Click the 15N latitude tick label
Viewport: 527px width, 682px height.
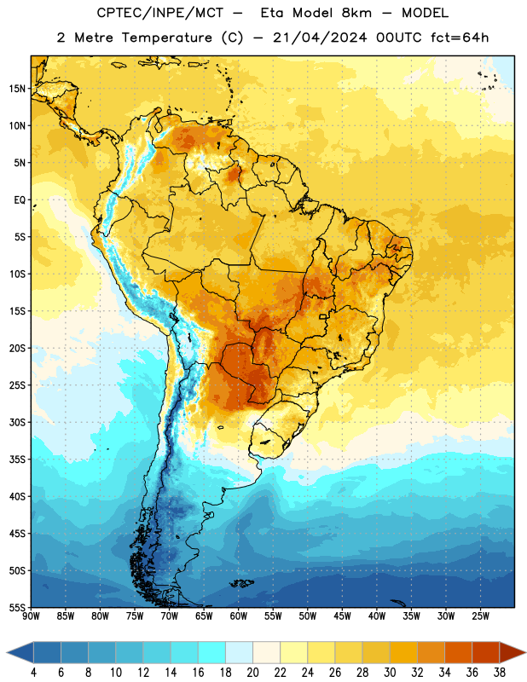coord(17,89)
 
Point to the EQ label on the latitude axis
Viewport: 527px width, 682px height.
coord(20,200)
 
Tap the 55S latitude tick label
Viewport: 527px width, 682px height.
coord(17,607)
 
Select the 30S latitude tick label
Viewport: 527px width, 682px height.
coord(17,422)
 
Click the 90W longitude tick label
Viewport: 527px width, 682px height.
coord(31,616)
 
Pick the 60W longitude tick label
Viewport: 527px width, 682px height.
coord(239,616)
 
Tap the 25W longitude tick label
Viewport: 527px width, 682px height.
coord(480,616)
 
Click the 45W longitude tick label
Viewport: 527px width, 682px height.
coord(342,616)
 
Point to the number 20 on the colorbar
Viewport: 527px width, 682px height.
coord(252,673)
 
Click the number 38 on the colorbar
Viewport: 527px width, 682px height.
coord(499,673)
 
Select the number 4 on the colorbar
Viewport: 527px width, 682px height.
coord(33,673)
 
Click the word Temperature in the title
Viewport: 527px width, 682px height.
coord(166,38)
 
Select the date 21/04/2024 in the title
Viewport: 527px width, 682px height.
coord(320,38)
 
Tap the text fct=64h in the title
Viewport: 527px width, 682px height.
coord(460,38)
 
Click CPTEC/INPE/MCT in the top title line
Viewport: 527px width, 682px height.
coord(160,13)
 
